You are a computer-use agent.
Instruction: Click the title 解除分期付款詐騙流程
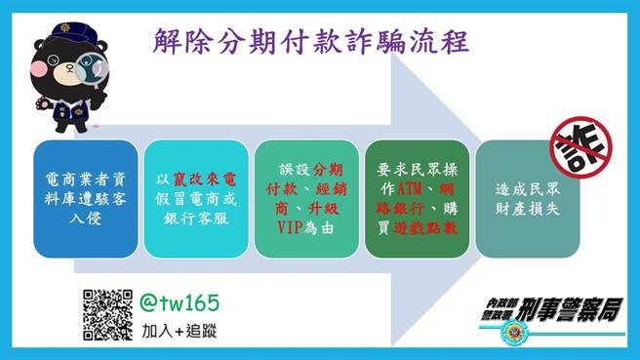pyautogui.click(x=311, y=41)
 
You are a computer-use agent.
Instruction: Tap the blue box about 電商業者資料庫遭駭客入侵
pyautogui.click(x=85, y=199)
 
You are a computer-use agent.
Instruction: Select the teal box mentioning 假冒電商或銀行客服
pyautogui.click(x=194, y=199)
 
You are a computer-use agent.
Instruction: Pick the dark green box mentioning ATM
pyautogui.click(x=416, y=199)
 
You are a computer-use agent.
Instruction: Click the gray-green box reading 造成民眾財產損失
pyautogui.click(x=528, y=199)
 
